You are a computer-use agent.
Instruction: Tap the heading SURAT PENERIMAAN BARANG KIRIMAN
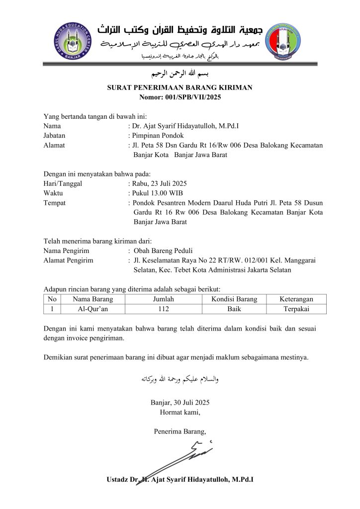click(180, 87)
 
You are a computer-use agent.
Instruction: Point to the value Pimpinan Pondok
click(157, 136)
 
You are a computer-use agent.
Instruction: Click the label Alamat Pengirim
click(68, 260)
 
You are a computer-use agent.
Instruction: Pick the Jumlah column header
click(163, 299)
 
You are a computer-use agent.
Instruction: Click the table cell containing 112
click(163, 309)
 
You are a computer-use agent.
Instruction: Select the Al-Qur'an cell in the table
click(92, 309)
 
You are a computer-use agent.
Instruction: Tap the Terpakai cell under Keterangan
click(296, 309)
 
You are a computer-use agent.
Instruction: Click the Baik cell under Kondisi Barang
click(234, 309)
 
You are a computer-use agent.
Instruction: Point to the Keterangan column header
click(296, 299)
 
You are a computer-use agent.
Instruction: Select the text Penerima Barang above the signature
click(180, 431)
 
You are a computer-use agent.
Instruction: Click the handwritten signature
click(184, 455)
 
